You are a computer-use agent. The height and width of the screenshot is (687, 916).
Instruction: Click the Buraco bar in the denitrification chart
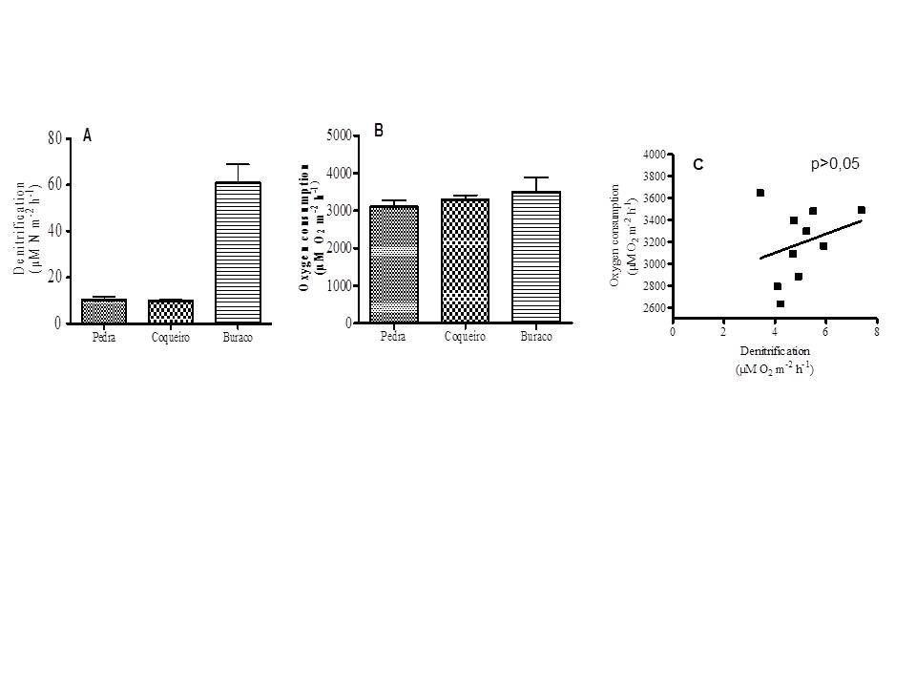238,252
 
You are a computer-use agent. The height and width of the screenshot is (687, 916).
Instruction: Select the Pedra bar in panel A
104,311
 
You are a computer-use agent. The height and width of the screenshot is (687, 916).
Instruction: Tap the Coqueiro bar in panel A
171,311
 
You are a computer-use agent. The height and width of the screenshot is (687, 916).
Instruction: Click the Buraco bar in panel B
535,257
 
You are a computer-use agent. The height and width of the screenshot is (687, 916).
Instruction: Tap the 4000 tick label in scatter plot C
654,154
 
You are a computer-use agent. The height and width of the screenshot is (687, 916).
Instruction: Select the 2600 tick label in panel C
654,308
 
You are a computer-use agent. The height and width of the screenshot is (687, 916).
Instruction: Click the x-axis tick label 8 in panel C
876,330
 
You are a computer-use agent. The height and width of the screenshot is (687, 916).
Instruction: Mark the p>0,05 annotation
835,164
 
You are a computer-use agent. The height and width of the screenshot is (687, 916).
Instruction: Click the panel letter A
88,136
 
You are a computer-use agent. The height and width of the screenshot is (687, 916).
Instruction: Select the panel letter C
698,165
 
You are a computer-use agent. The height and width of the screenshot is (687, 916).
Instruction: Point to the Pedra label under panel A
104,338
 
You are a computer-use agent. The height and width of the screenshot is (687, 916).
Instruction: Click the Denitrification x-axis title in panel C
774,351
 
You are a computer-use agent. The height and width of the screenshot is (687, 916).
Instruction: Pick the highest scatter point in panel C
760,193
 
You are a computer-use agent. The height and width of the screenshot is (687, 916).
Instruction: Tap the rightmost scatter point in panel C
861,210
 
